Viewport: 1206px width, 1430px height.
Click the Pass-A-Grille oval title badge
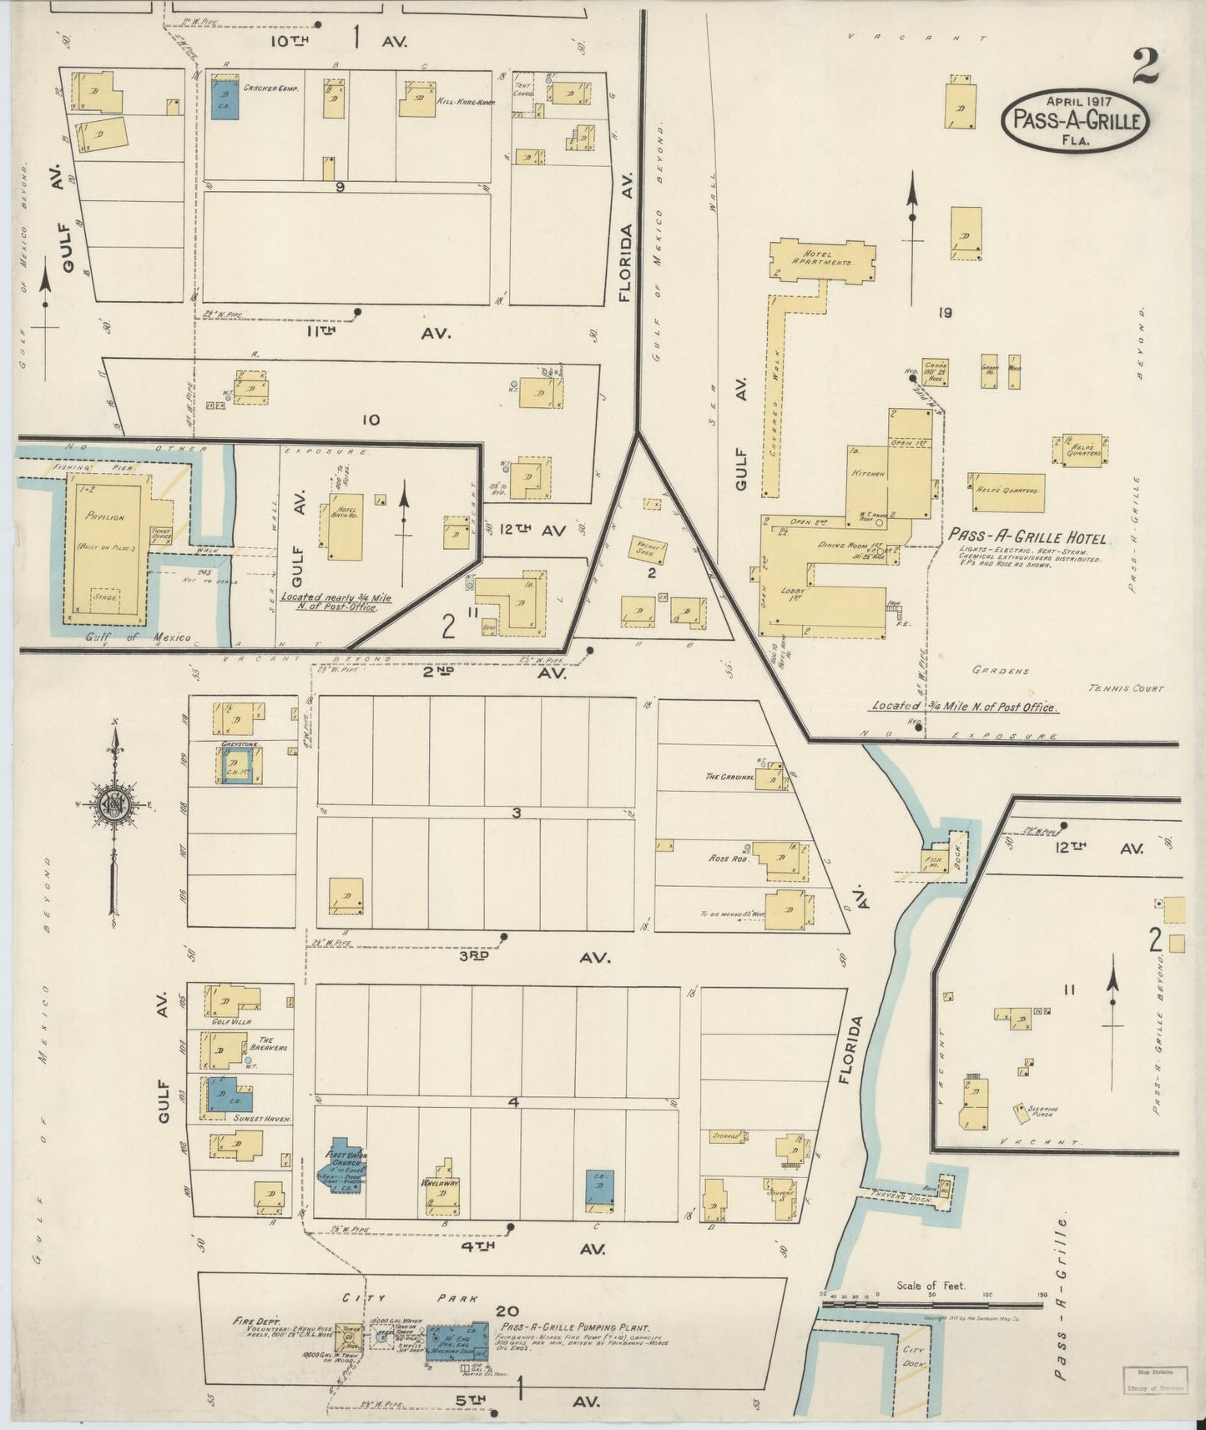(x=1075, y=121)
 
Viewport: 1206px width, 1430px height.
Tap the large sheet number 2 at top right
(x=1145, y=67)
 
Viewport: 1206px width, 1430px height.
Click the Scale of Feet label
(x=931, y=1286)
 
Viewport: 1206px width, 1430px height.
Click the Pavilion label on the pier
(x=105, y=516)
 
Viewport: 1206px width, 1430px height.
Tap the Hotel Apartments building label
(x=826, y=257)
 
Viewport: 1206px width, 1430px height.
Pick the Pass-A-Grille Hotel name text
(x=1027, y=538)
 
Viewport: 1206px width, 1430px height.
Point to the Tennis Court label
(x=1126, y=688)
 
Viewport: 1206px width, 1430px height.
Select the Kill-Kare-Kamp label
(x=461, y=102)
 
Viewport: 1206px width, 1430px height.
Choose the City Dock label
(x=912, y=1356)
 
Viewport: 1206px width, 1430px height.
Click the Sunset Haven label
(x=263, y=1119)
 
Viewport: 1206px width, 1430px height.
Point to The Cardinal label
(x=729, y=777)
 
